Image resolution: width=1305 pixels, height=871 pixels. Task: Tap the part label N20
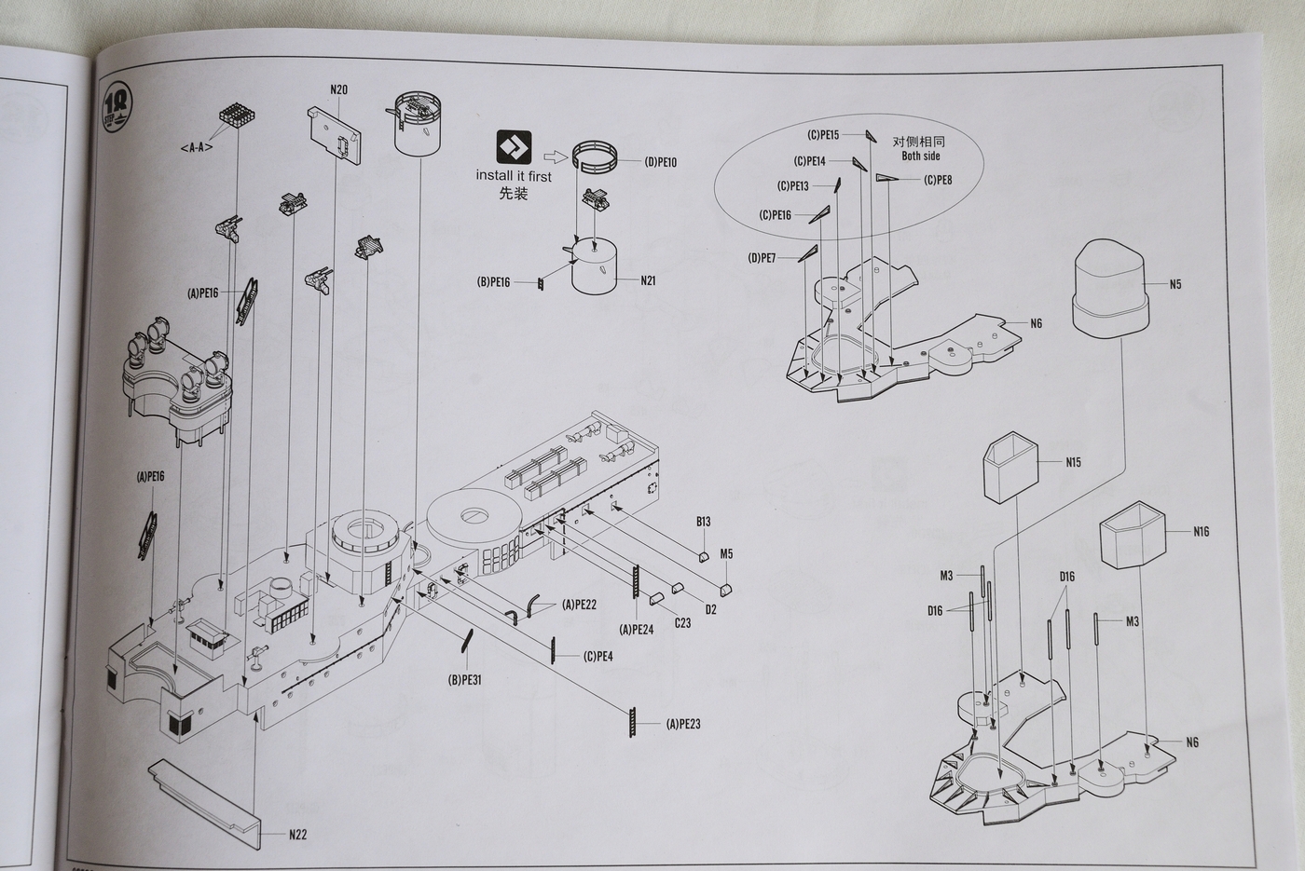coord(338,90)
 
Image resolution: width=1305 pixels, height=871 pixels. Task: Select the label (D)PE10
coord(660,162)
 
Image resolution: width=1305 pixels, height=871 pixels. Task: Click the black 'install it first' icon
coord(514,147)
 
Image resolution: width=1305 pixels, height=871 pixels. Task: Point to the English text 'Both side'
coord(920,157)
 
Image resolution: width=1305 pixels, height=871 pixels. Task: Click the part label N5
coord(1174,284)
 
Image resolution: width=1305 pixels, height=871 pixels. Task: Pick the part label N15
coord(1073,462)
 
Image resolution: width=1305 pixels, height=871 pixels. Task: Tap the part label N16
coord(1201,532)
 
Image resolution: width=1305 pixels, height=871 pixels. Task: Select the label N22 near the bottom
coord(297,835)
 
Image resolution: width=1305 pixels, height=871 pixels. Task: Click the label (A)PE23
coord(683,724)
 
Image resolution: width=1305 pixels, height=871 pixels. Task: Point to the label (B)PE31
coord(464,680)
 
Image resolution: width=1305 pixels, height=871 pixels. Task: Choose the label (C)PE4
coord(598,657)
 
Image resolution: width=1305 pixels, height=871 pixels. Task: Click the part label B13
coord(703,522)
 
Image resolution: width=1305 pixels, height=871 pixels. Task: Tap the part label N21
coord(648,280)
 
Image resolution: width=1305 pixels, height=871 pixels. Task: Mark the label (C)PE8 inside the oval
coord(938,181)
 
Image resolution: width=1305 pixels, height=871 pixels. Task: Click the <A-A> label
coord(197,147)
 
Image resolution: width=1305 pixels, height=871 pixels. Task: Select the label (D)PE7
coord(762,258)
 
